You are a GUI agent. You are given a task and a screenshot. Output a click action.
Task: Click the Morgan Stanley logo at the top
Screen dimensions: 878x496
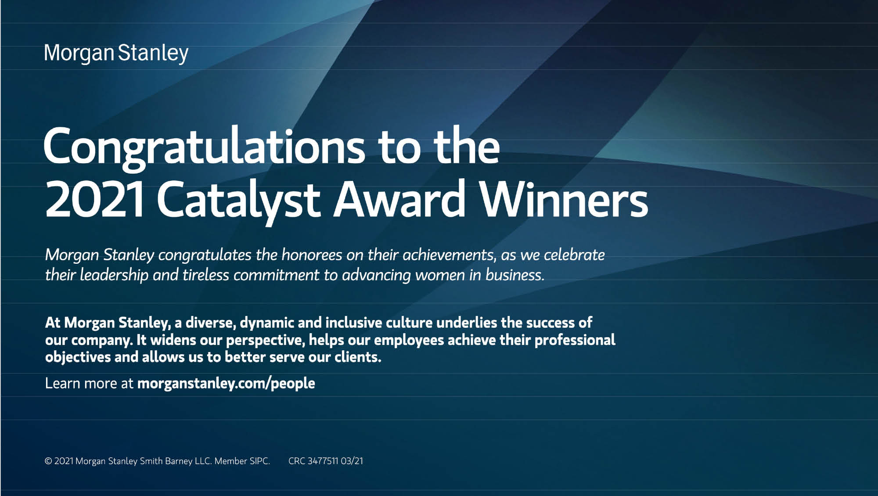click(x=116, y=54)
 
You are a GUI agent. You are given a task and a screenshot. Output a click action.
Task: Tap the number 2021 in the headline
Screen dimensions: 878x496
click(x=94, y=199)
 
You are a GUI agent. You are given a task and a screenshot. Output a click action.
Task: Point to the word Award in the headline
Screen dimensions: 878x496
click(x=399, y=198)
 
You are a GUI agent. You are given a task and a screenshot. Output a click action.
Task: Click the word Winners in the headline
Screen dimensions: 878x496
click(x=563, y=198)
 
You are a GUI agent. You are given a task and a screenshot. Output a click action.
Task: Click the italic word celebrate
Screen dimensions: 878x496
click(x=574, y=255)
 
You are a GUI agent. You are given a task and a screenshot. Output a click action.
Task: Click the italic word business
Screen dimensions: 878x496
click(x=515, y=275)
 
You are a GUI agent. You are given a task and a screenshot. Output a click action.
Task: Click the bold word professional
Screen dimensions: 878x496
click(x=575, y=340)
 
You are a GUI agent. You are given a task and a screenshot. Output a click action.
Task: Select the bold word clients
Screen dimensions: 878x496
click(x=358, y=357)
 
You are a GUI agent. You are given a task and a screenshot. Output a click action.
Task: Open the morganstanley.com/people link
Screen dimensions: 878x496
click(x=226, y=384)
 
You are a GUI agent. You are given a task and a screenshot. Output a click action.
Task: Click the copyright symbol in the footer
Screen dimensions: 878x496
click(x=48, y=461)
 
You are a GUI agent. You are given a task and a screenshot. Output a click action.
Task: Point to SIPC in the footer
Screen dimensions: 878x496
click(x=259, y=461)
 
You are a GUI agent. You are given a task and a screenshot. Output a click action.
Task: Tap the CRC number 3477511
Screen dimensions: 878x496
click(x=323, y=461)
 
